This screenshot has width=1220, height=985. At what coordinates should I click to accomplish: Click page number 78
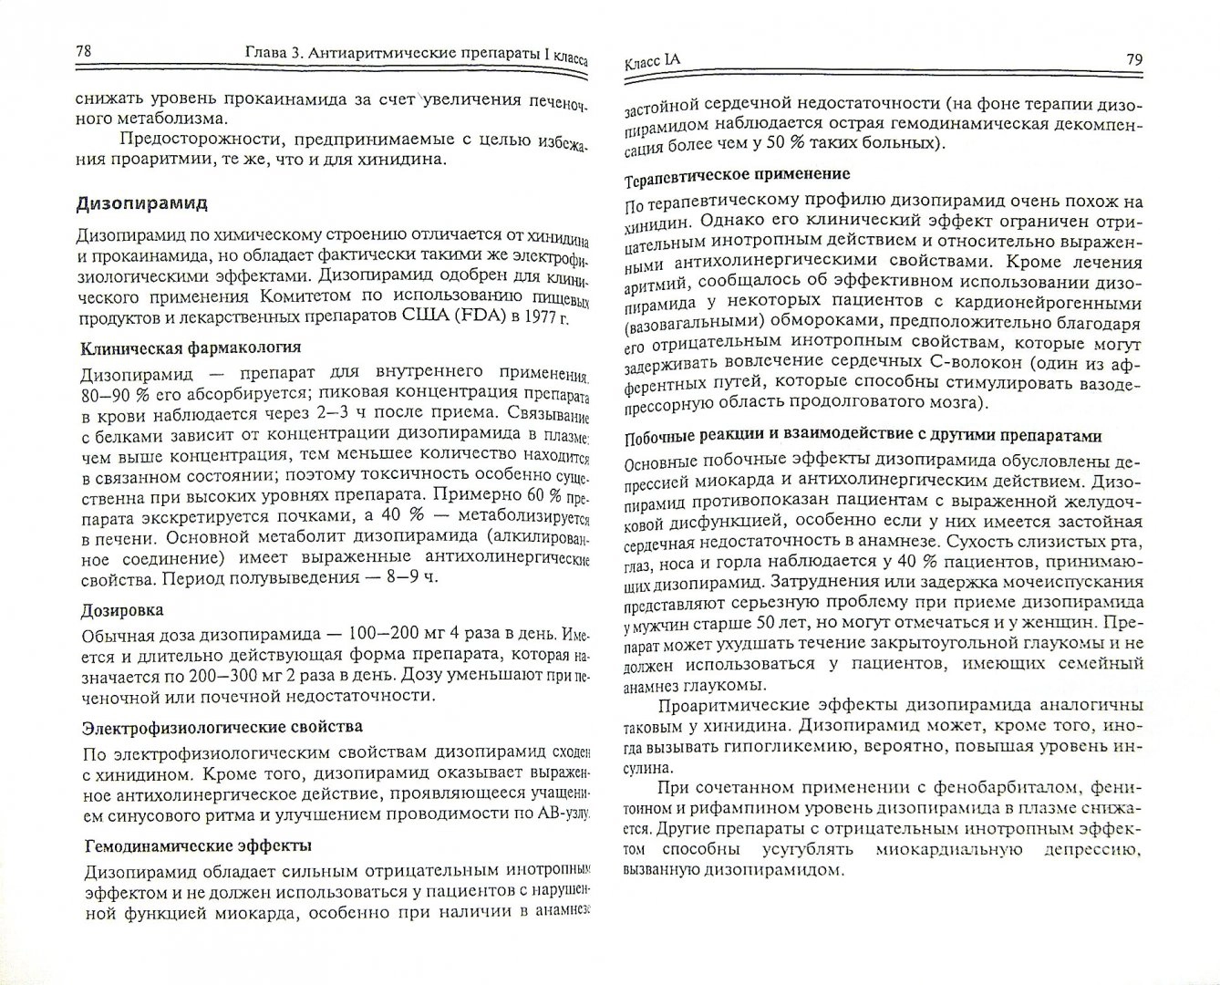coord(82,51)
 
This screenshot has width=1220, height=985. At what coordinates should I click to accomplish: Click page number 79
coord(1133,60)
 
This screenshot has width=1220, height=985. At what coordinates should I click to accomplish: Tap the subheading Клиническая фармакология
coord(191,347)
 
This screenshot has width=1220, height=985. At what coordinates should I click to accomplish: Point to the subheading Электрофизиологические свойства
coord(222,727)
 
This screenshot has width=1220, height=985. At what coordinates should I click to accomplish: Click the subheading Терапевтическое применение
coord(737,173)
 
